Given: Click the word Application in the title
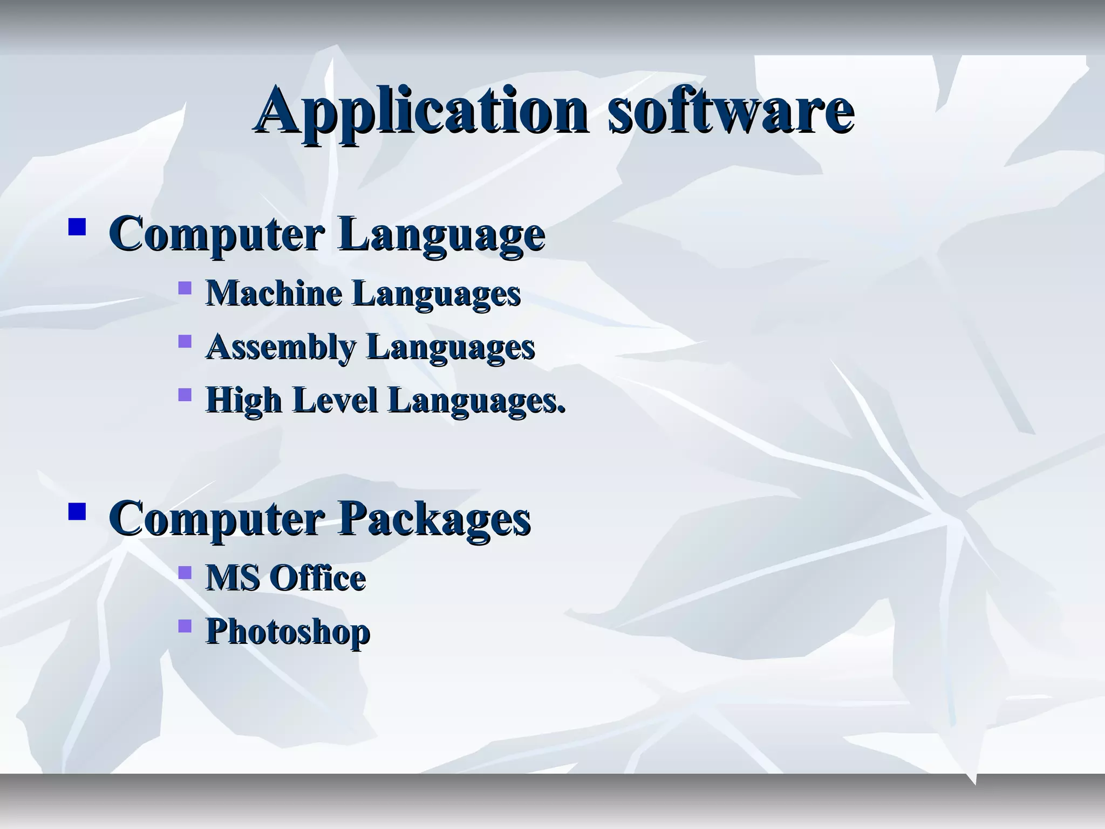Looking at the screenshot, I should click(x=421, y=111).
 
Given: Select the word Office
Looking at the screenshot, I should click(x=317, y=578).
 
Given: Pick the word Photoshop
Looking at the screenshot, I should click(x=288, y=631).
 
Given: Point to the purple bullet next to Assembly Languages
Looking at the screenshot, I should click(x=185, y=341).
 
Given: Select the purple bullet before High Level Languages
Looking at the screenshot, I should click(x=185, y=395).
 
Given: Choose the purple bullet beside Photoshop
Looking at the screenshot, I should click(x=185, y=626).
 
